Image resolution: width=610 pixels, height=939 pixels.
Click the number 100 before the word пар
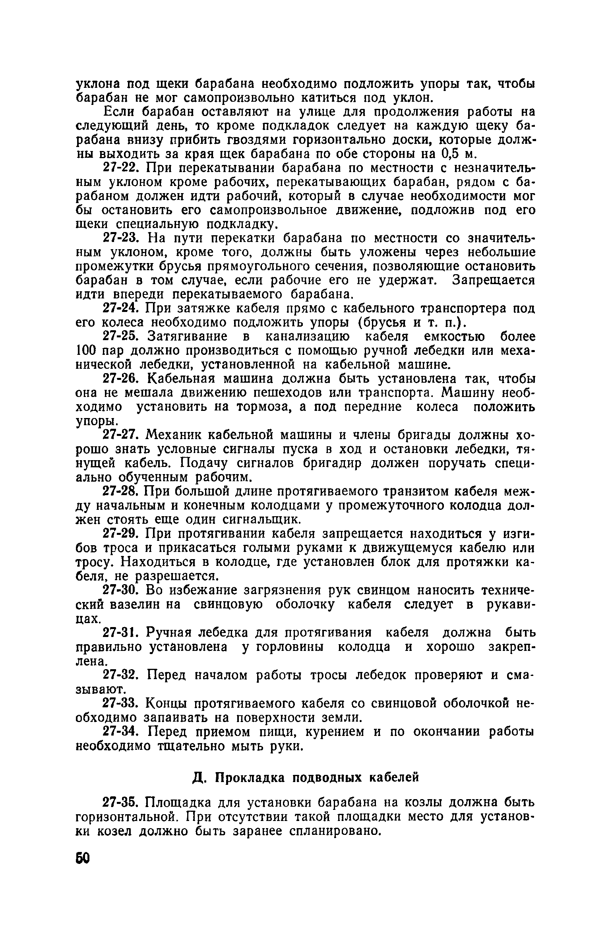86,351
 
